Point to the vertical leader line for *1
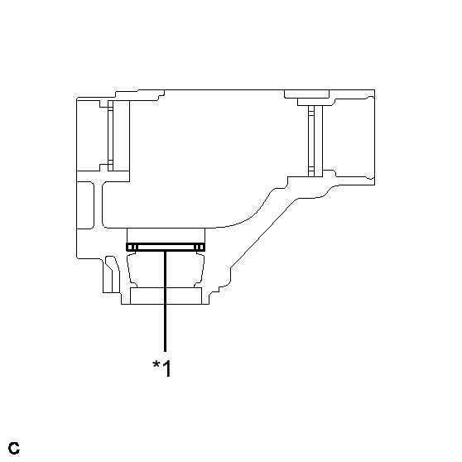(166, 306)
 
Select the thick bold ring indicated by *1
(166, 247)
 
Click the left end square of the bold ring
(130, 247)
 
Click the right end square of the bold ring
(200, 247)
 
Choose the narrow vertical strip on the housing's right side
(311, 139)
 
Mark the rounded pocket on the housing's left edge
(86, 199)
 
